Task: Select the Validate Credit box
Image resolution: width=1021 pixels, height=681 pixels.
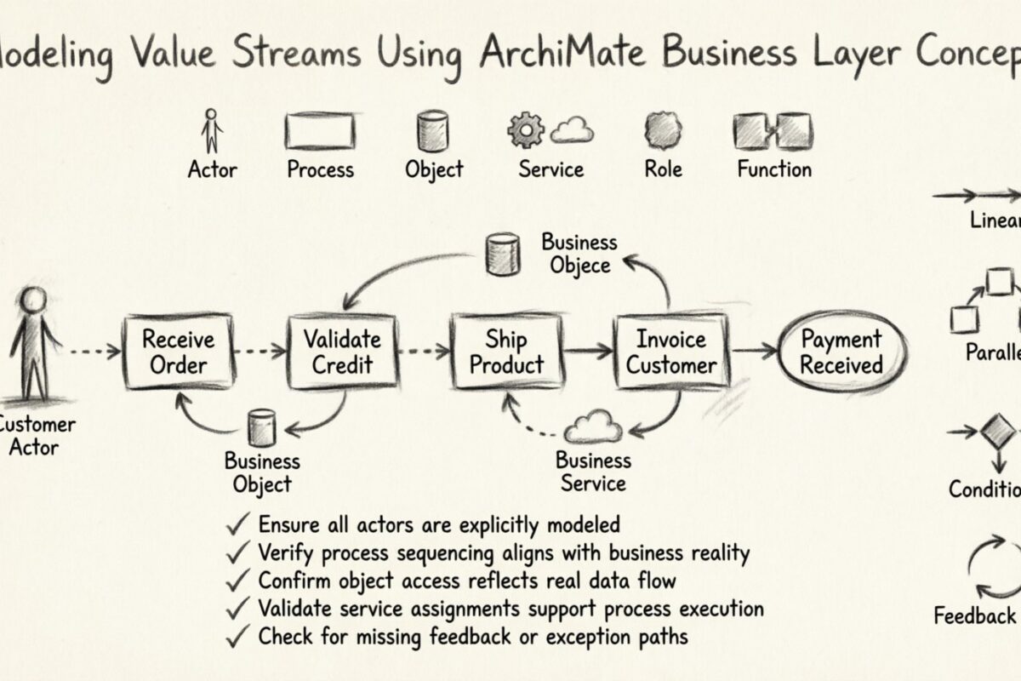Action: coord(342,352)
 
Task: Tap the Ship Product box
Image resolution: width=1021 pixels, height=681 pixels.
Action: coord(506,352)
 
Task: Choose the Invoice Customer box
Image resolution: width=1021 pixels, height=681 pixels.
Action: coord(671,352)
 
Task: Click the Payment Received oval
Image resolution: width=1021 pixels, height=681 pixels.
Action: coord(841,352)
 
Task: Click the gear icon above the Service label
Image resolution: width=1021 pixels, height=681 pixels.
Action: coord(525,130)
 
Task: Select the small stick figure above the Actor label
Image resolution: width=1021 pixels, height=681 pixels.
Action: coord(212,131)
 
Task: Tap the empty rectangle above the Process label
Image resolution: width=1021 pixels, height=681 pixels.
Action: coord(319,132)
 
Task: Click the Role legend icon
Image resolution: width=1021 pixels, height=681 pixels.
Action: coord(662,131)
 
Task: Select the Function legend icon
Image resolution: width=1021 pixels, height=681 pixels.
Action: coord(773,131)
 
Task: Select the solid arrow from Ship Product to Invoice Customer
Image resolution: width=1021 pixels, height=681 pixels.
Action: coord(589,349)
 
